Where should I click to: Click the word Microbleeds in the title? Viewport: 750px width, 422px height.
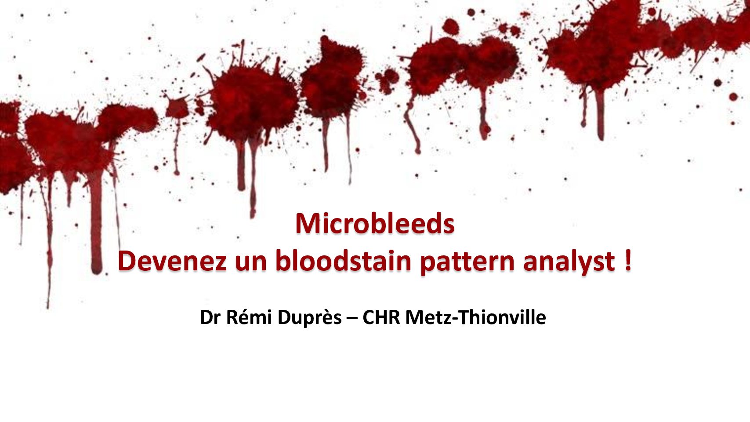click(375, 223)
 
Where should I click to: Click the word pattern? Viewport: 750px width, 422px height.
click(467, 262)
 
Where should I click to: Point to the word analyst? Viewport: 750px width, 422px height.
click(569, 262)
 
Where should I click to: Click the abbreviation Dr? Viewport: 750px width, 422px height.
click(210, 317)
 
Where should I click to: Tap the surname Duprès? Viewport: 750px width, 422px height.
click(309, 318)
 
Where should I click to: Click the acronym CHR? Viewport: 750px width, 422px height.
click(381, 317)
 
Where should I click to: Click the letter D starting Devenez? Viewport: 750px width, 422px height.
click(127, 261)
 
